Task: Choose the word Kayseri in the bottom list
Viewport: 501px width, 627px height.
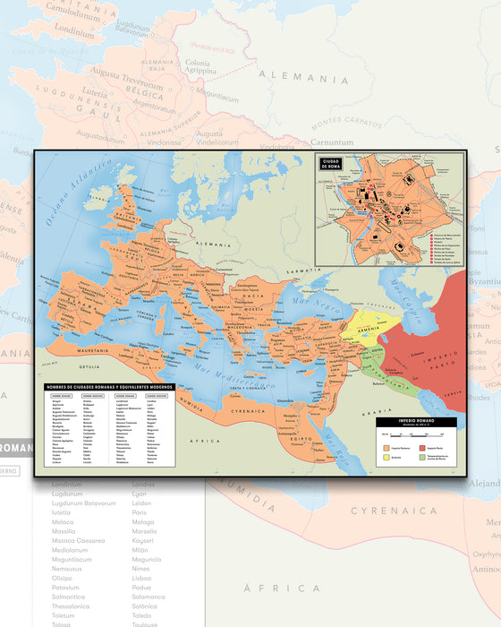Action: click(149, 540)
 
